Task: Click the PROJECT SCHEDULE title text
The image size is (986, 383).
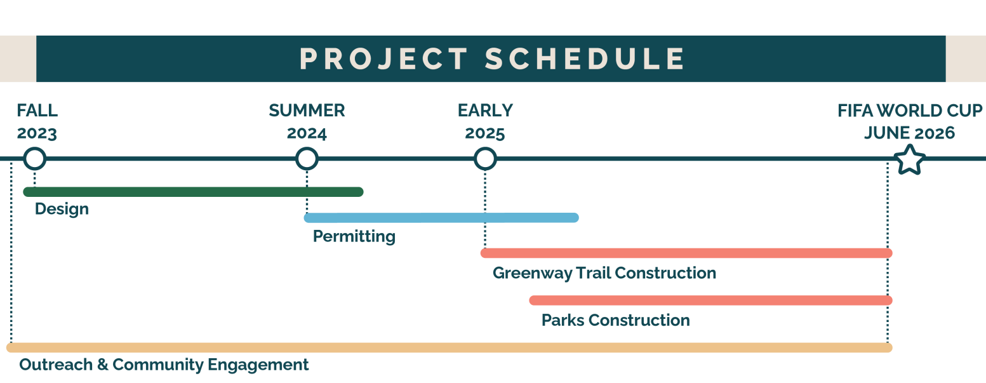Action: (491, 59)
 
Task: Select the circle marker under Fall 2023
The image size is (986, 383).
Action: (35, 159)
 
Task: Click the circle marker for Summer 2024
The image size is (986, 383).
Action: (307, 159)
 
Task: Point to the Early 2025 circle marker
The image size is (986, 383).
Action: (485, 159)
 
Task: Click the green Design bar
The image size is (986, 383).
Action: (193, 192)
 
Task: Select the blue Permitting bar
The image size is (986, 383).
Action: (441, 217)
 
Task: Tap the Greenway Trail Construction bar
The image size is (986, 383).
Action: (687, 253)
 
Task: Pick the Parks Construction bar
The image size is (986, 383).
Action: (711, 300)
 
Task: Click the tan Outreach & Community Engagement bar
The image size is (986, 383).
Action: (450, 348)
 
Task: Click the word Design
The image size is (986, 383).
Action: (62, 210)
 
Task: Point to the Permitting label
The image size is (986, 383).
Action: (354, 237)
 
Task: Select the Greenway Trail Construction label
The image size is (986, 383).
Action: (604, 273)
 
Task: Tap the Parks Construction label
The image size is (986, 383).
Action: (615, 320)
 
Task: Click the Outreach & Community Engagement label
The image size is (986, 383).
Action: (164, 365)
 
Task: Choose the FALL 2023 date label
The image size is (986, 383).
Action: (37, 121)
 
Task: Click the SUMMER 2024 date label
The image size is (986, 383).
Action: (307, 121)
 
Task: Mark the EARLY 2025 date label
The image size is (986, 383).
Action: (485, 121)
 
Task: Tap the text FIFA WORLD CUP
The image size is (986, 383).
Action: (910, 111)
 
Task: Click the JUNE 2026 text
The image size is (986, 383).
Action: (909, 133)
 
